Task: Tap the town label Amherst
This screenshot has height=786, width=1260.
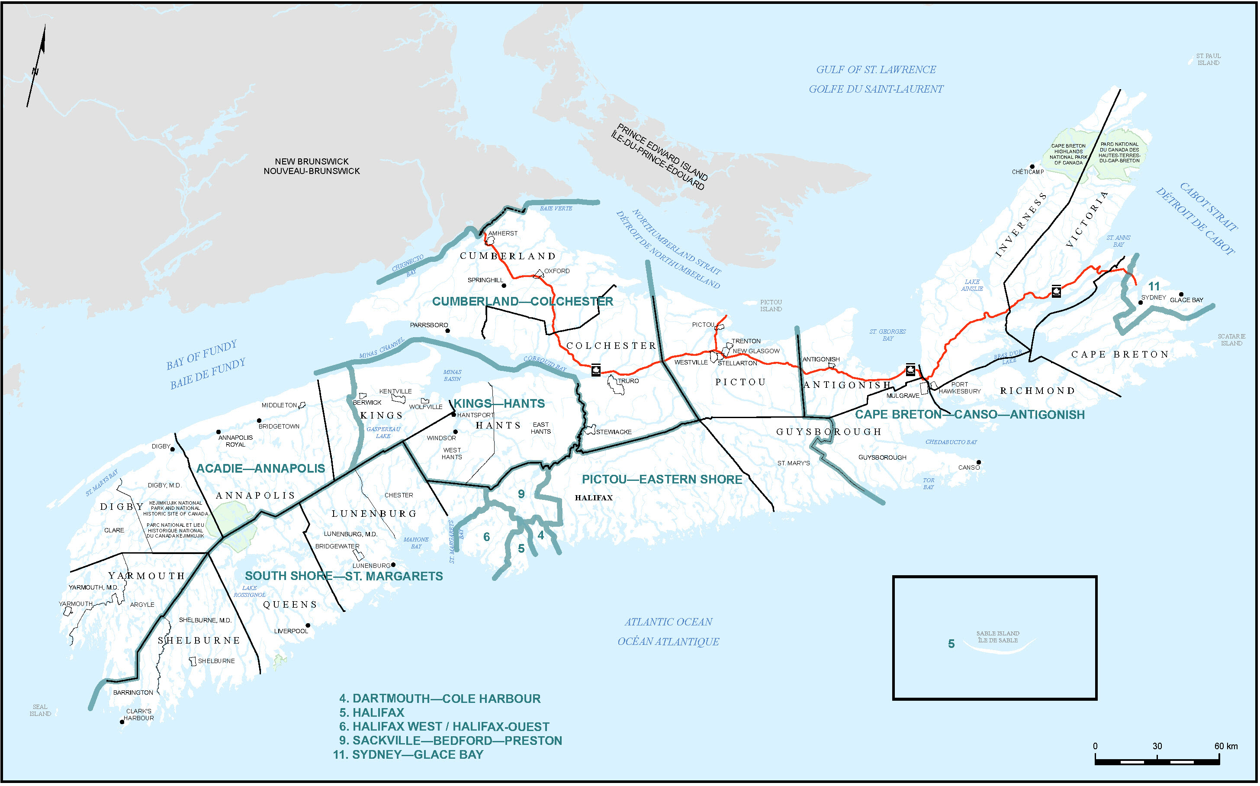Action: click(503, 233)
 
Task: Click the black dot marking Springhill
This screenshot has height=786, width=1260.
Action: click(503, 285)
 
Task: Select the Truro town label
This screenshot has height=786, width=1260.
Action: click(628, 381)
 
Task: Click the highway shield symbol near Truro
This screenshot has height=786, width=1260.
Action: click(595, 370)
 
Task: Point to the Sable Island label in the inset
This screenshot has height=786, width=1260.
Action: click(998, 637)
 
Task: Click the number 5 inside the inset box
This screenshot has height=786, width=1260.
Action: click(951, 644)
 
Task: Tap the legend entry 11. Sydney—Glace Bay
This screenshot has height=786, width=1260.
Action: click(408, 755)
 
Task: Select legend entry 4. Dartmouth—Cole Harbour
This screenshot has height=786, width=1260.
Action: click(440, 699)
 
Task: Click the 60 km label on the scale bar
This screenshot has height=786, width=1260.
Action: click(1226, 747)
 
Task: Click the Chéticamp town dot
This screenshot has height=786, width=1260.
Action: click(1032, 167)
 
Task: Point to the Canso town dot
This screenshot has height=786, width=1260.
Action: click(978, 462)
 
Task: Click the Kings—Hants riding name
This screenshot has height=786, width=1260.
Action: click(499, 403)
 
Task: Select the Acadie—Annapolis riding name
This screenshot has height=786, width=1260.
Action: click(260, 468)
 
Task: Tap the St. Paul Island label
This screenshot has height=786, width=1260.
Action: click(1208, 59)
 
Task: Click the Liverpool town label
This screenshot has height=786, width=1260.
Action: click(291, 631)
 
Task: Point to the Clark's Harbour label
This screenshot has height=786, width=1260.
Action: click(139, 715)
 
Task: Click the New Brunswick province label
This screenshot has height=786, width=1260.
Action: click(311, 166)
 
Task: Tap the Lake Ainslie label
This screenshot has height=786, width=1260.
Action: click(972, 285)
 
